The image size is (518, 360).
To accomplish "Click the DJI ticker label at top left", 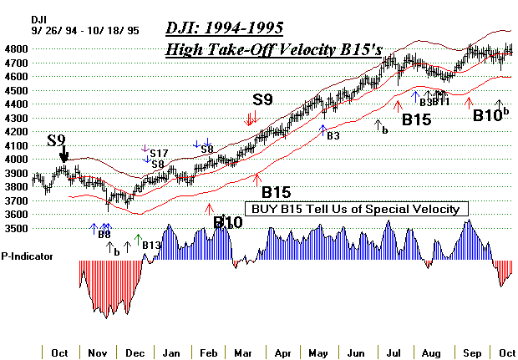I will (x=39, y=18).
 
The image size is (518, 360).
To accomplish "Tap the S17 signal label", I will (x=159, y=154).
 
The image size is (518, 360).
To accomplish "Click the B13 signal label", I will (x=150, y=245).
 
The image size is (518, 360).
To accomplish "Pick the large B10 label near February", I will (x=227, y=223).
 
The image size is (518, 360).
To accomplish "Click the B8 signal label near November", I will (x=104, y=235).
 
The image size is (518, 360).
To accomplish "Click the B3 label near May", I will (x=333, y=135).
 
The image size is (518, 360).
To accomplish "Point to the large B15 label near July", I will (x=416, y=119).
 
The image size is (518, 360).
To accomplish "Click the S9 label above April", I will (x=263, y=101).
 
